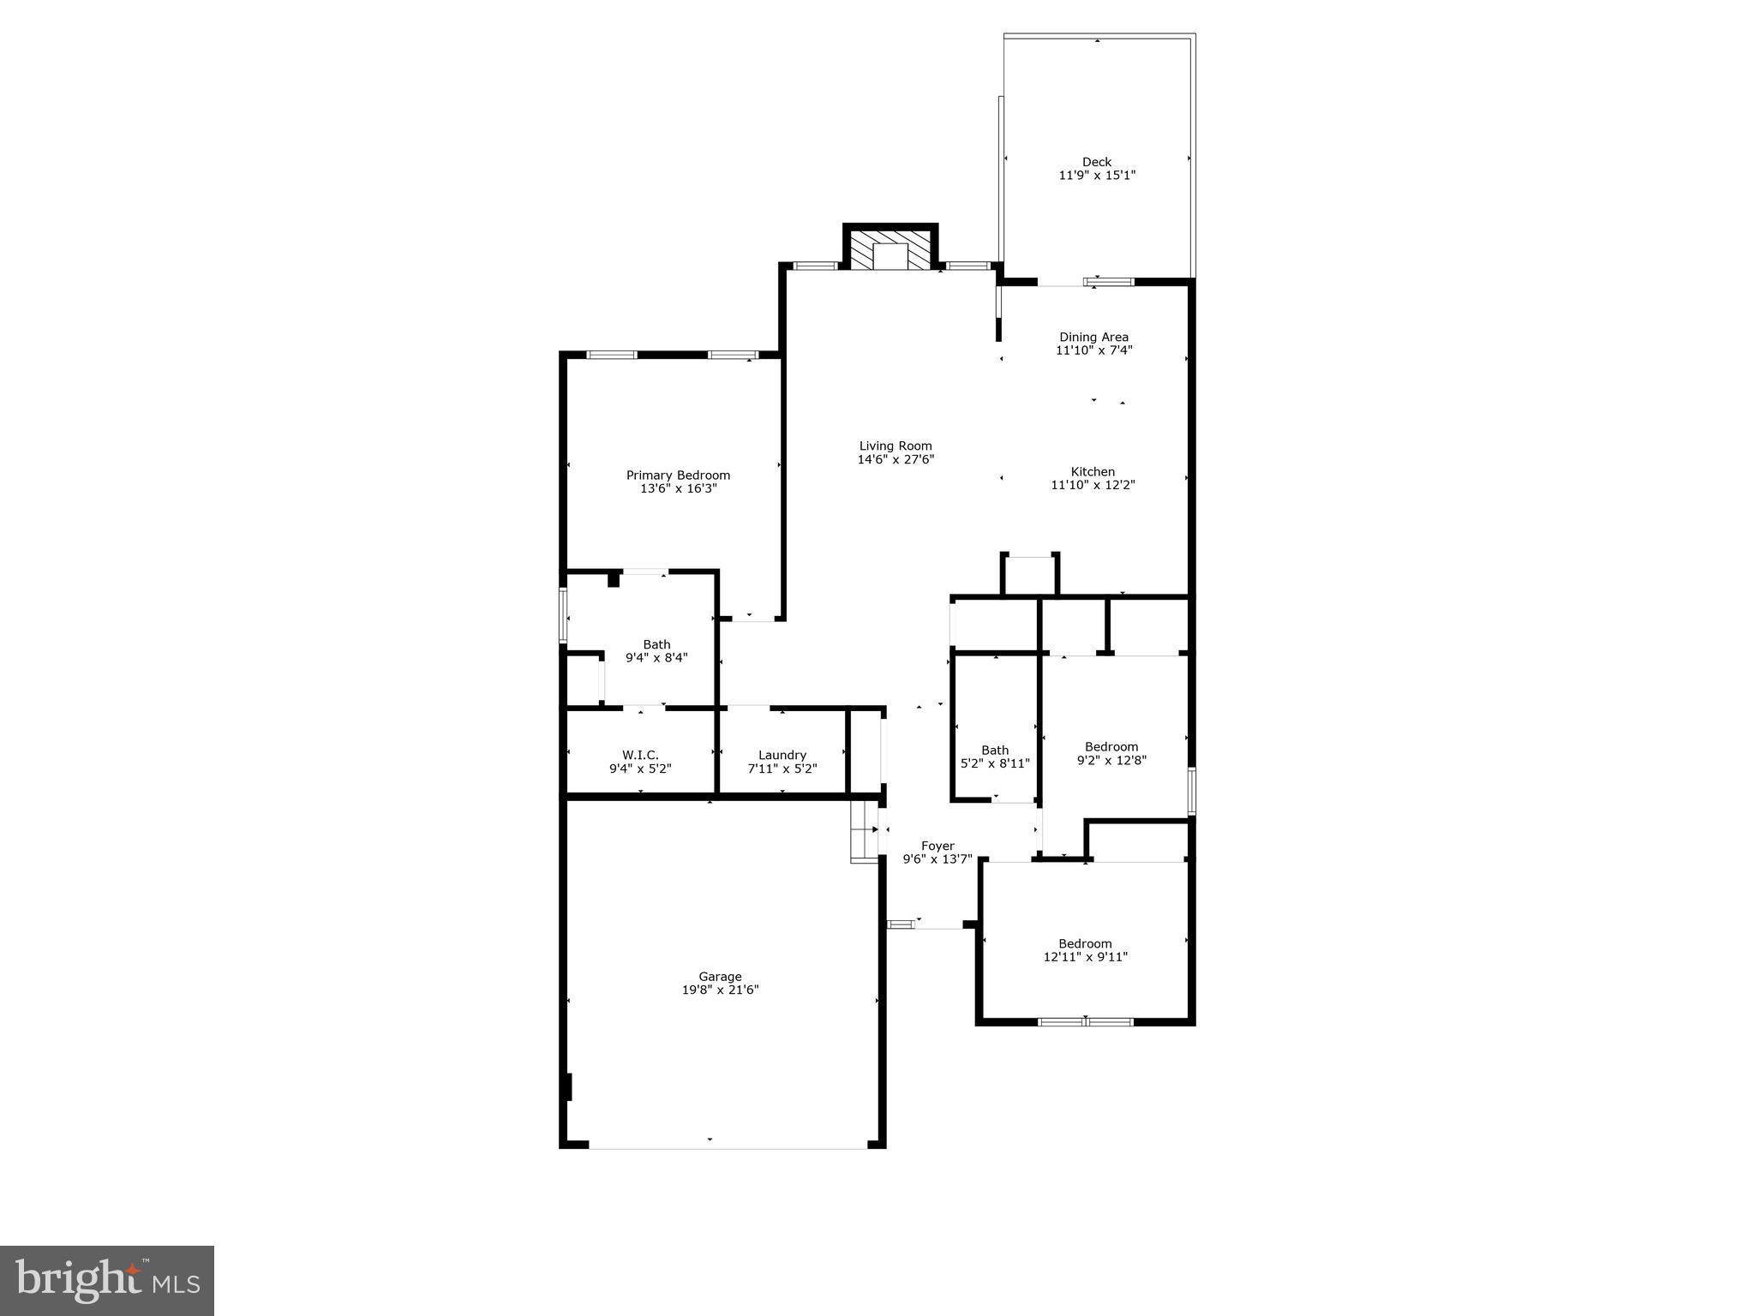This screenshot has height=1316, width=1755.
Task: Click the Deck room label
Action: tap(1096, 162)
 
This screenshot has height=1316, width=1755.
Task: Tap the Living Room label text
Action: tap(895, 446)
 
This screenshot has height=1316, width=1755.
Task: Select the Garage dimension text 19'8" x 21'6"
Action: tap(720, 990)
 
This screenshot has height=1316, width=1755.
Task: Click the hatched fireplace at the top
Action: tap(890, 248)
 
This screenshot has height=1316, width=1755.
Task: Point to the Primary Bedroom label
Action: tap(678, 476)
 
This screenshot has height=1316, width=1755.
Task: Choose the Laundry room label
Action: tap(782, 755)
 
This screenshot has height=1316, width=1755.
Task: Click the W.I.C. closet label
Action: tap(640, 755)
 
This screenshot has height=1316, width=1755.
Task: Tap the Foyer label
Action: tap(937, 846)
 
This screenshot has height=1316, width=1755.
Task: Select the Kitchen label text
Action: tap(1093, 471)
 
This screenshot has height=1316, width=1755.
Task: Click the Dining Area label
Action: tap(1093, 337)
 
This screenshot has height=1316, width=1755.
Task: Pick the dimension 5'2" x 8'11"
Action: tap(994, 763)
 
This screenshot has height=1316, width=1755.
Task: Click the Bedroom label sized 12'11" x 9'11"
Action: tap(1085, 943)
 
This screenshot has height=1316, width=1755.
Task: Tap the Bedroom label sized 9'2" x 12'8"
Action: tap(1111, 746)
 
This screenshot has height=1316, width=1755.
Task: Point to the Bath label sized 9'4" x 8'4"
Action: tap(656, 644)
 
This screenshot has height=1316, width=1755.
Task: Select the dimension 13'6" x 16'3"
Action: tap(678, 488)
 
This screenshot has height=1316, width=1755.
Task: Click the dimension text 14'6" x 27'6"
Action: tap(895, 459)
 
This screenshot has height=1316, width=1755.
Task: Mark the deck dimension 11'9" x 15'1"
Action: tap(1097, 176)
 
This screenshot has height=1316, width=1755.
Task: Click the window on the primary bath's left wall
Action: tap(563, 614)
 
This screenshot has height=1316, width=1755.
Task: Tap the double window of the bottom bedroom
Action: tap(1086, 1021)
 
